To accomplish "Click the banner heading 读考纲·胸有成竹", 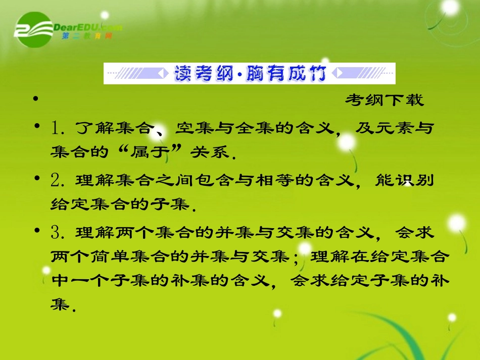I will (x=250, y=74).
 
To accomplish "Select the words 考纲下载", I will (x=385, y=100).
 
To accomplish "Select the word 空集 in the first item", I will (x=189, y=129).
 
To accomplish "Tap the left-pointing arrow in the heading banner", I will (x=163, y=74).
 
